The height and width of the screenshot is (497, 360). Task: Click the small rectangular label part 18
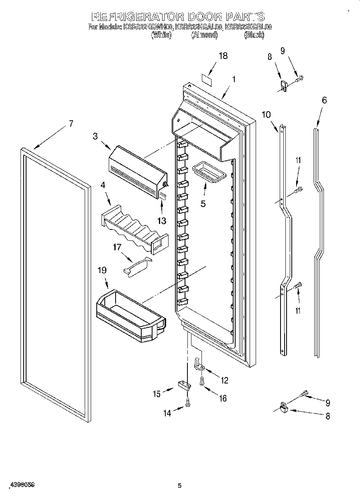206,79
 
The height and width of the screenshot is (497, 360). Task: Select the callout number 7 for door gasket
71,124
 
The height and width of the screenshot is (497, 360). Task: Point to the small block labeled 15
184,385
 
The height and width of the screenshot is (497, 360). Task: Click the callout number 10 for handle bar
266,114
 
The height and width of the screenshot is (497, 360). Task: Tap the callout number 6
324,100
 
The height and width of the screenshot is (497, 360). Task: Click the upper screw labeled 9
300,79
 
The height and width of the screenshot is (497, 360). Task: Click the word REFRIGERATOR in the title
138,17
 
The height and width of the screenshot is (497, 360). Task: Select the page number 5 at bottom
180,486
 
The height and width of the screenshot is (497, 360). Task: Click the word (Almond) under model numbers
204,35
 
